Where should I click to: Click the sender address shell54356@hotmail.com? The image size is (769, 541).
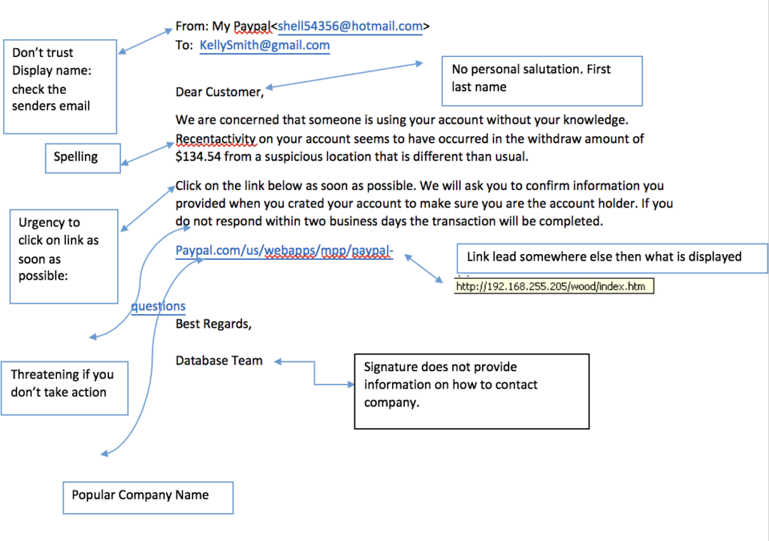point(350,26)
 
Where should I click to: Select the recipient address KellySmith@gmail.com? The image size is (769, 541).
point(264,45)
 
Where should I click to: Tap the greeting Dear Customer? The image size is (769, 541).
point(219,92)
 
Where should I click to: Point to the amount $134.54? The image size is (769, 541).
point(200,157)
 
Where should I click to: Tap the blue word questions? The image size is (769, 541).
point(158,307)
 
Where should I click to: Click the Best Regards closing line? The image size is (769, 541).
point(213,325)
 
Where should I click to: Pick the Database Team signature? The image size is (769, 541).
point(219,361)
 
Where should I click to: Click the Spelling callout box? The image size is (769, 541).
point(82,158)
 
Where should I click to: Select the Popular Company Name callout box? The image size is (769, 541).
point(147,497)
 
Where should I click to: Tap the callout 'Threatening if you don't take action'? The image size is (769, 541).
point(65,387)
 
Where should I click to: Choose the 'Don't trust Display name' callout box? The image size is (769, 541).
point(60,86)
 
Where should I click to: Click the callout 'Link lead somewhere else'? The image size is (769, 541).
point(611,258)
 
